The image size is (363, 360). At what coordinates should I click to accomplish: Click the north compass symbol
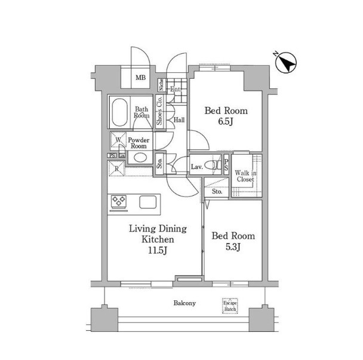tap(285, 63)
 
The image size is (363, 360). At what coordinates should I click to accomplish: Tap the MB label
tap(140, 78)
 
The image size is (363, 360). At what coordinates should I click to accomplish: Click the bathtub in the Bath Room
tap(119, 112)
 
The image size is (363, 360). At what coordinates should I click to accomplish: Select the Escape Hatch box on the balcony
tap(230, 306)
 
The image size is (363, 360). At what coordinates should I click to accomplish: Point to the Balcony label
tap(184, 303)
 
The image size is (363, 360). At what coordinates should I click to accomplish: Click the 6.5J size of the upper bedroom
tap(226, 122)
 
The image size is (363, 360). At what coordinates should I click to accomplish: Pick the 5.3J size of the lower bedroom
tap(233, 247)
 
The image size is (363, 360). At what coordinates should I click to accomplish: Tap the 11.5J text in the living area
tap(158, 250)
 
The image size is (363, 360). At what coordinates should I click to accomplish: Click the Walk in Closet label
tap(245, 176)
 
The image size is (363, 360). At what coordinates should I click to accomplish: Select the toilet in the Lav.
tap(213, 165)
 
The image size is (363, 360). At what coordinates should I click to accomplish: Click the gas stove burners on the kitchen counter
tap(119, 201)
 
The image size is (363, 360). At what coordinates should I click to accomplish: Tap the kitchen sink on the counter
tap(148, 202)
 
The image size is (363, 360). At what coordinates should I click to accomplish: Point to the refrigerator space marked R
tap(116, 168)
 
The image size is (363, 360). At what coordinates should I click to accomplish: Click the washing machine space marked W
tap(118, 140)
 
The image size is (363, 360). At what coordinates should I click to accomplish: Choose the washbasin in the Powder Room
tap(140, 158)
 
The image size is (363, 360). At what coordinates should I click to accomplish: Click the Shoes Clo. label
tap(159, 110)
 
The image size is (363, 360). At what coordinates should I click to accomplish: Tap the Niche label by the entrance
tap(161, 85)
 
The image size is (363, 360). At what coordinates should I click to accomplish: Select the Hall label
tap(179, 120)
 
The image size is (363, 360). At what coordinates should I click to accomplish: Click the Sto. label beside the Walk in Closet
tap(217, 192)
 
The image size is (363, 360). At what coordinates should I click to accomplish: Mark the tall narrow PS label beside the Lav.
tap(226, 164)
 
